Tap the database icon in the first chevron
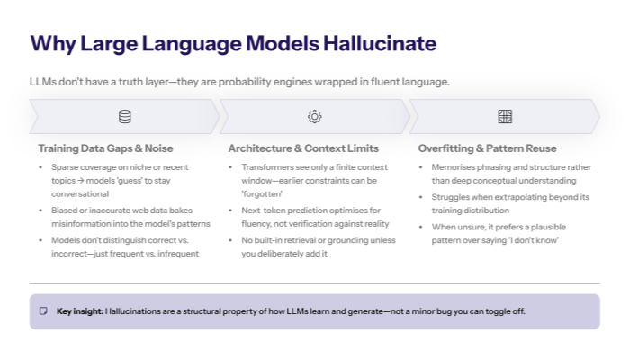pos(124,116)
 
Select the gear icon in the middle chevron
pos(314,116)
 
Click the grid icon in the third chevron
pos(505,116)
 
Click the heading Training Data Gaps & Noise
pos(105,148)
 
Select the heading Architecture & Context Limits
pos(303,148)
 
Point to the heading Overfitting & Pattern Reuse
pos(488,148)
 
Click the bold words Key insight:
pos(79,311)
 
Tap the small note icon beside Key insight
pos(43,311)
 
